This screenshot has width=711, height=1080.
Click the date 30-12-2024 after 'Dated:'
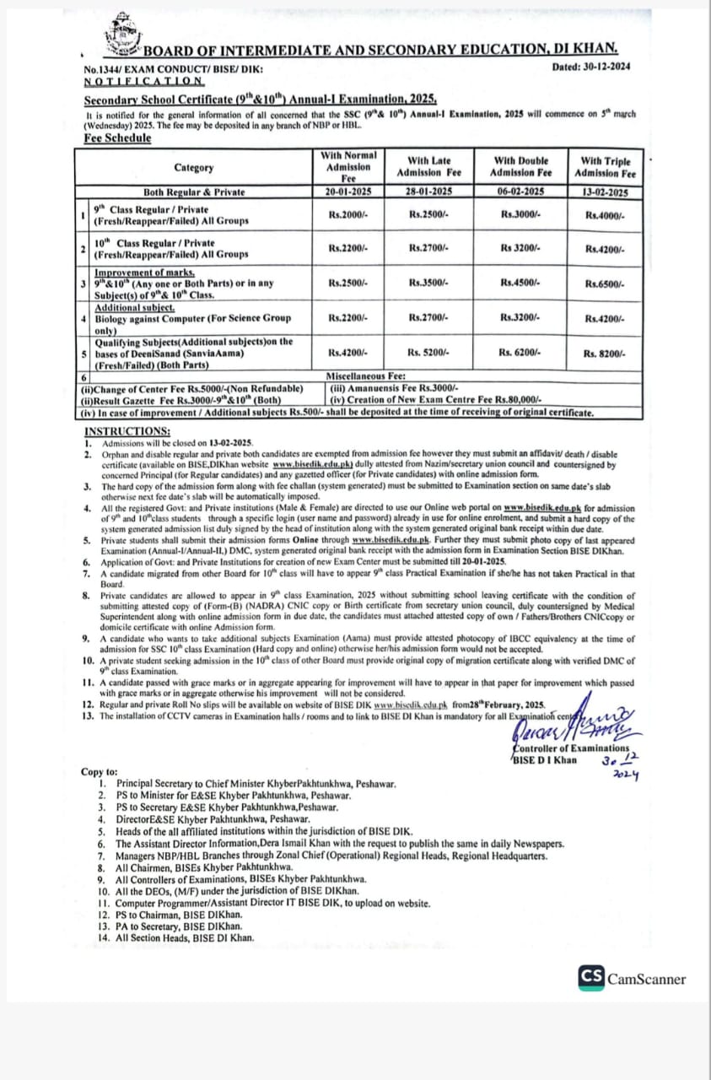tap(603, 67)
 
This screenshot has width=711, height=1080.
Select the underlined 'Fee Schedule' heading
tap(117, 138)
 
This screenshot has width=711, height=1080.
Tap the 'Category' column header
tap(194, 167)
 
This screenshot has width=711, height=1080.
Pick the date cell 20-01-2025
tap(348, 192)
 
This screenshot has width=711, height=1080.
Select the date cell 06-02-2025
tap(521, 192)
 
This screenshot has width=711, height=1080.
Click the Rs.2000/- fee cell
tap(348, 215)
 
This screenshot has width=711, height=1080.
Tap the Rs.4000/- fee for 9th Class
tap(604, 215)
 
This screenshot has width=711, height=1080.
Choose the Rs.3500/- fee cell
tap(429, 283)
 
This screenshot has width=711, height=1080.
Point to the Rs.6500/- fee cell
tap(604, 283)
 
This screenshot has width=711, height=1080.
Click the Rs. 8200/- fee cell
tap(604, 353)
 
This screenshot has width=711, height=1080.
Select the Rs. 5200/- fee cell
tap(429, 353)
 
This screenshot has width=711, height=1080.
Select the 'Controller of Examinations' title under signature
tap(571, 748)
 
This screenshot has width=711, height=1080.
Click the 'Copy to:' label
tap(100, 771)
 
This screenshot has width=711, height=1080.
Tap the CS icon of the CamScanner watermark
tap(591, 977)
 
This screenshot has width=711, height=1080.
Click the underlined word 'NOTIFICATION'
tap(144, 82)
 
